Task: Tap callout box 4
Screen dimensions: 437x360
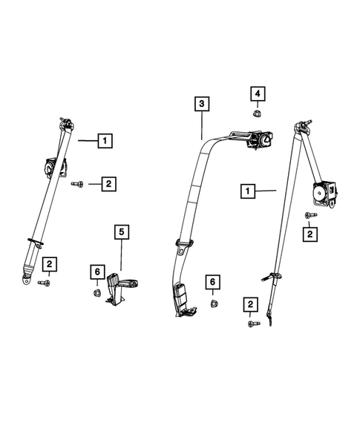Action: [x=257, y=93]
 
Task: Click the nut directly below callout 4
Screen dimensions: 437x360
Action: [x=257, y=113]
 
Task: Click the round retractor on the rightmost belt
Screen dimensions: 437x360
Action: [x=324, y=193]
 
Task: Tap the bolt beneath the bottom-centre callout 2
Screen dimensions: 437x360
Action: [x=250, y=324]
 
